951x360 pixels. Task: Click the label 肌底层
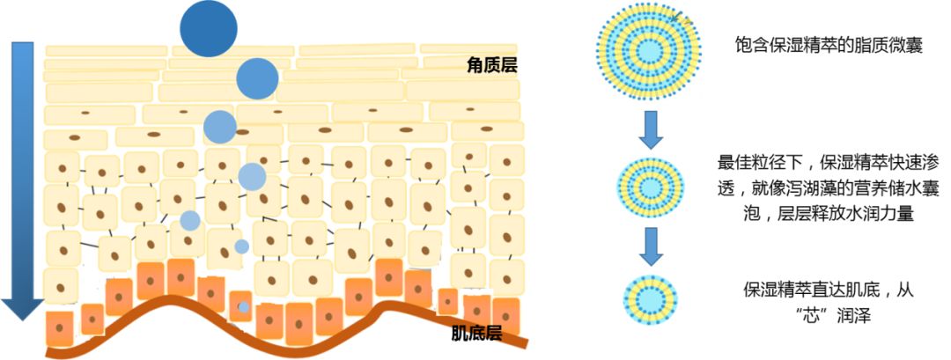point(476,334)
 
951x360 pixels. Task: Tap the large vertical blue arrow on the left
point(21,176)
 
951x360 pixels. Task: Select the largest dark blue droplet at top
point(209,29)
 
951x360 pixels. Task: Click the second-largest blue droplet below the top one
point(257,78)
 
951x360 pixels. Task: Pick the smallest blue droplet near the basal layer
point(244,307)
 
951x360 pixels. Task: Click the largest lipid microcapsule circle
point(649,48)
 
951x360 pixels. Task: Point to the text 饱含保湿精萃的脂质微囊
point(829,46)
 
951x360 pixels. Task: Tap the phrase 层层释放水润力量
point(845,214)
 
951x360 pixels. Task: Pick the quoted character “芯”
point(807,315)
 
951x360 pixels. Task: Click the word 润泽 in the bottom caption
point(852,315)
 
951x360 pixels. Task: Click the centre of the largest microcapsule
point(649,48)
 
